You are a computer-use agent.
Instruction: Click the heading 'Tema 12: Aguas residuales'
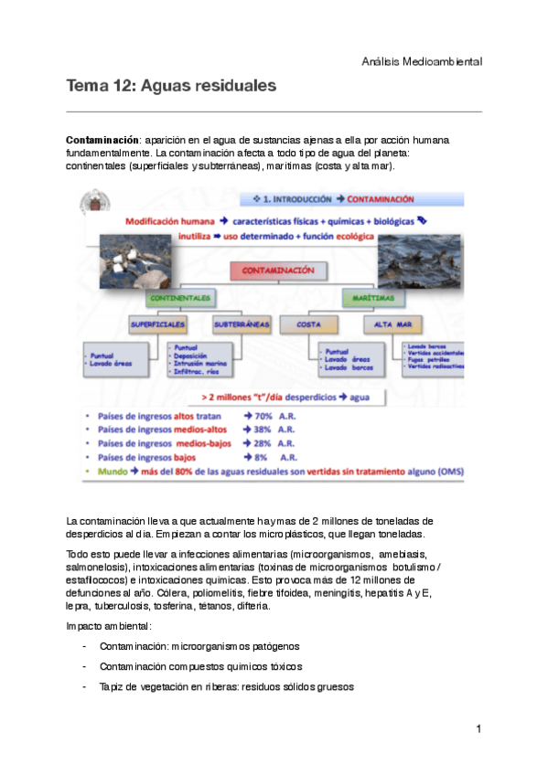tap(170, 87)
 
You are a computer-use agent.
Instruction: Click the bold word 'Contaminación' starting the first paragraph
tap(102, 140)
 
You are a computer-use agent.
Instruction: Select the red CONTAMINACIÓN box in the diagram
tap(279, 271)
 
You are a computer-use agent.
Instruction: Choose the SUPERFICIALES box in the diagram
tap(158, 324)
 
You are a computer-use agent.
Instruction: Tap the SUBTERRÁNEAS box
tap(242, 324)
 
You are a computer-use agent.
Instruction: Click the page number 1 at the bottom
tap(478, 729)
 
